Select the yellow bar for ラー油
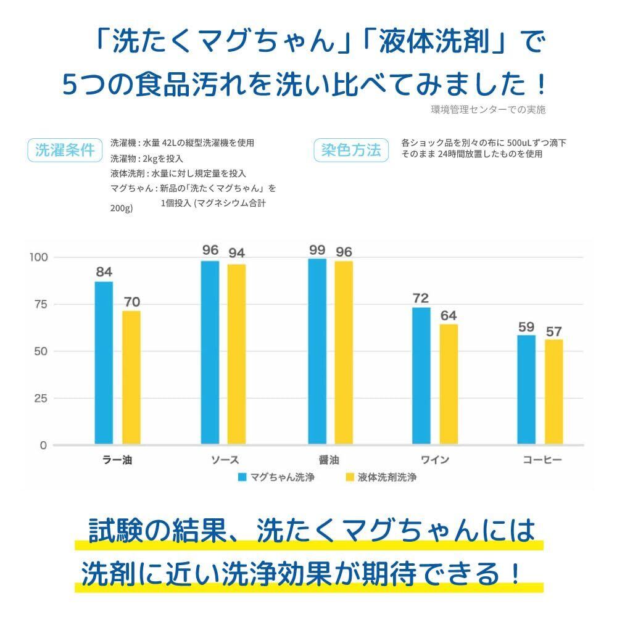click(131, 377)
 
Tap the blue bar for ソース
click(210, 352)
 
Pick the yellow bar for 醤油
click(344, 352)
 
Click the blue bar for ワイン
click(421, 376)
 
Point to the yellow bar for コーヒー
click(553, 392)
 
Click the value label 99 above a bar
click(317, 250)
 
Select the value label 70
click(131, 302)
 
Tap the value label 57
click(553, 331)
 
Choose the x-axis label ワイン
click(434, 460)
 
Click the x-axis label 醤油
click(329, 460)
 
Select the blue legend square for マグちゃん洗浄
click(242, 477)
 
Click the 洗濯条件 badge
click(64, 150)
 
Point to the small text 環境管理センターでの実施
click(488, 109)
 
